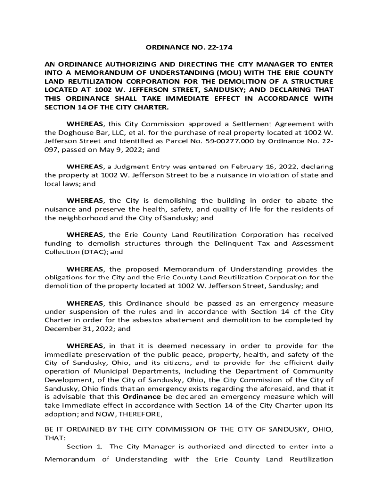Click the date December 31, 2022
point(72,329)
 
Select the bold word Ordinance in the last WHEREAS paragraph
point(141,397)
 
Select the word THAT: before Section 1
point(54,438)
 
